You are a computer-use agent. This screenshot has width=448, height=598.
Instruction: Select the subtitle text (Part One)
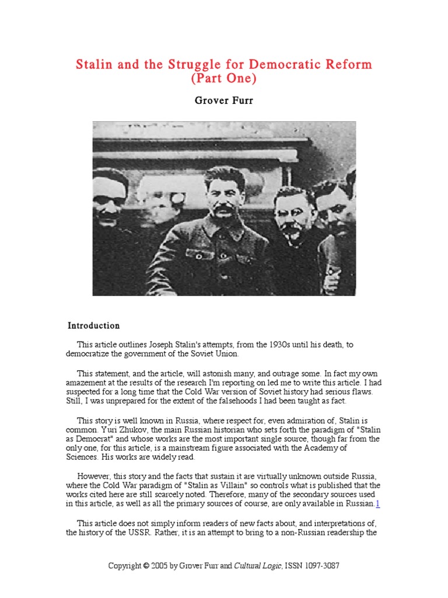[x=223, y=78]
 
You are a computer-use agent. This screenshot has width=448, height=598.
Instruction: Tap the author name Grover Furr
[x=223, y=100]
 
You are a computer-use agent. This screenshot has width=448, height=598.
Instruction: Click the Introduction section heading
[x=94, y=326]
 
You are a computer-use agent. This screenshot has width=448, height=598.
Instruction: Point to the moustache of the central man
[x=224, y=208]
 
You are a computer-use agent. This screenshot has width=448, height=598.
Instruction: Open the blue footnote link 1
[x=377, y=504]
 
